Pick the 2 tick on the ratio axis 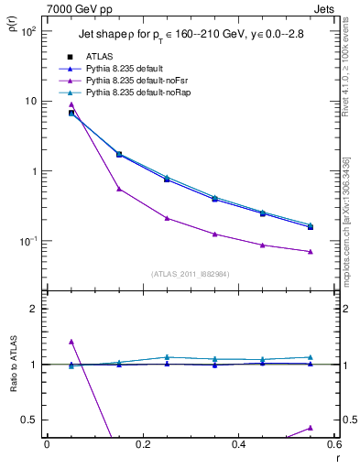(x=33, y=309)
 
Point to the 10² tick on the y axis (x=27, y=31)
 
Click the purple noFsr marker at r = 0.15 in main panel (x=119, y=189)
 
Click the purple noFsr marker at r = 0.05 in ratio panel (x=71, y=341)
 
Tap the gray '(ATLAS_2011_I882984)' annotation (x=191, y=273)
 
